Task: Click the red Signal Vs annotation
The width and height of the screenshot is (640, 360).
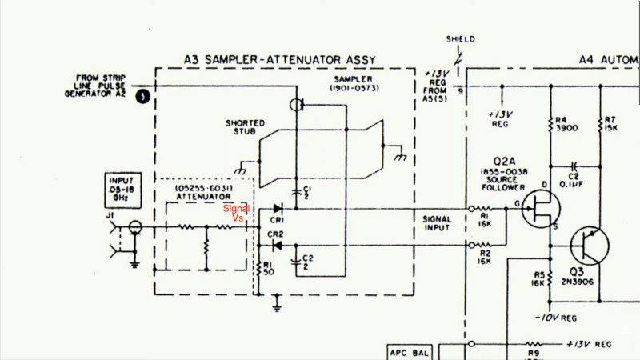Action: click(237, 212)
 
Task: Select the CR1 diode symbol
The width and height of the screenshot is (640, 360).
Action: click(277, 210)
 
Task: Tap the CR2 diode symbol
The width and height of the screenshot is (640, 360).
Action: click(277, 245)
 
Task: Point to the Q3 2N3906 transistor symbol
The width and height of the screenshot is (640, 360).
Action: click(590, 246)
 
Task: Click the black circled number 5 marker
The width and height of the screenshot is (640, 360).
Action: click(142, 97)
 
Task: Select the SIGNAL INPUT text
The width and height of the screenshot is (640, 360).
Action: click(437, 223)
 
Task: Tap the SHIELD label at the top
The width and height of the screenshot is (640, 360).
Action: click(462, 38)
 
